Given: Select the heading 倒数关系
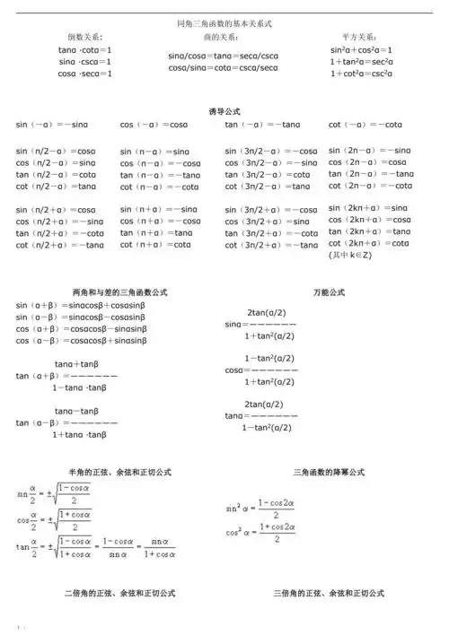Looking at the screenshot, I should click(x=84, y=38).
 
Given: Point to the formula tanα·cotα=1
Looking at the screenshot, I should click(x=85, y=50).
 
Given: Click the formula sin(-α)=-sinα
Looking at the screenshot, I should click(x=52, y=125).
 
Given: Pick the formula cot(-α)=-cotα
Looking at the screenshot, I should click(x=365, y=125).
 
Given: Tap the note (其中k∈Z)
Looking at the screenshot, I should click(x=350, y=256).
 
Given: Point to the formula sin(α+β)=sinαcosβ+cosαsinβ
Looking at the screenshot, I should click(x=80, y=306).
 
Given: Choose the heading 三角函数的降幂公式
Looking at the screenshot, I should click(x=329, y=472).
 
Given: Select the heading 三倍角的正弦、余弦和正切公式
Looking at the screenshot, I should click(x=329, y=594).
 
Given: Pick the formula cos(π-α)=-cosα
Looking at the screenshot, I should click(x=161, y=164).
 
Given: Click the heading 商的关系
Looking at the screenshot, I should click(x=221, y=38).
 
